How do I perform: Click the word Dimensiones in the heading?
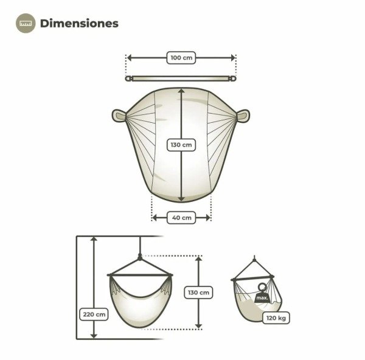pyautogui.click(x=79, y=23)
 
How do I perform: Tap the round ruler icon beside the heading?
pyautogui.click(x=26, y=23)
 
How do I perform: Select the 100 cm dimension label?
pyautogui.click(x=181, y=58)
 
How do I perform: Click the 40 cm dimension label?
pyautogui.click(x=181, y=218)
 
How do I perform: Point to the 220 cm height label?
pyautogui.click(x=94, y=314)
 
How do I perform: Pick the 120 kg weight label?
pyautogui.click(x=276, y=317)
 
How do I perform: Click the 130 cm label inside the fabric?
pyautogui.click(x=181, y=145)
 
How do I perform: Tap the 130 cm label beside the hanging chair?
pyautogui.click(x=198, y=292)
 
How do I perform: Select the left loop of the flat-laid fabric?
pyautogui.click(x=119, y=116)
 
